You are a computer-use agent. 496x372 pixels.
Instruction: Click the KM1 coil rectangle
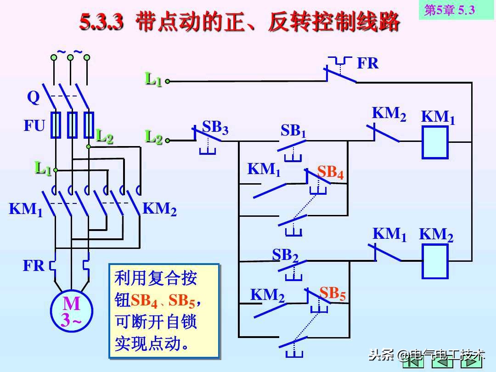coord(435,142)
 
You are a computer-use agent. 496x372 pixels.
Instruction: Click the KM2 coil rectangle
coord(435,261)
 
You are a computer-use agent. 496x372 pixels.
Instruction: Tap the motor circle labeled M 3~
coord(71,311)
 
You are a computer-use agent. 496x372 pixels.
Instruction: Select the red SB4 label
coord(330,172)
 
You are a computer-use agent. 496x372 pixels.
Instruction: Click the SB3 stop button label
coord(215,127)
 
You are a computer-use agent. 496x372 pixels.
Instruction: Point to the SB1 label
coord(293,131)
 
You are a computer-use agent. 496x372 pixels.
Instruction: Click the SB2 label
coord(285,255)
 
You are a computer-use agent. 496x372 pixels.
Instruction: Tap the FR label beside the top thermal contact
coord(367,63)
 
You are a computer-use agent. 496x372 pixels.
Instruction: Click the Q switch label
coord(33,98)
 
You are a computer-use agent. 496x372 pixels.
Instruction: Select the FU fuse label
coord(34,126)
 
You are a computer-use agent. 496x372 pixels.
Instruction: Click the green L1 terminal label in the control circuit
coord(153,79)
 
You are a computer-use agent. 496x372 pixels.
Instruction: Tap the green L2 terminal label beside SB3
coord(153,136)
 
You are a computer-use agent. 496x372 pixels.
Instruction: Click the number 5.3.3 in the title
coord(102,22)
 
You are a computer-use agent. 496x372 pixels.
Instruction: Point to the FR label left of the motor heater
coord(34,265)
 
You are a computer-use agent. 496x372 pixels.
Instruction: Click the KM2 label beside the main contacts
coord(159,209)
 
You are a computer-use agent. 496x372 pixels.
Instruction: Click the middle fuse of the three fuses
coord(72,124)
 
